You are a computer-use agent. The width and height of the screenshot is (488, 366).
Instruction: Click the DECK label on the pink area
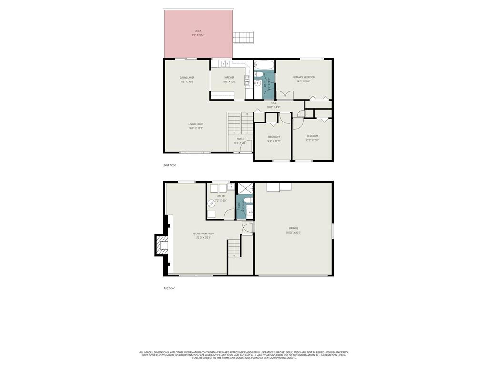pos(198,31)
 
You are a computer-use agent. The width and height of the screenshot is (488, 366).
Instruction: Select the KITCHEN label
pos(230,77)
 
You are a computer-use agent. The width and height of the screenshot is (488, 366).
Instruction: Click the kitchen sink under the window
pos(221,63)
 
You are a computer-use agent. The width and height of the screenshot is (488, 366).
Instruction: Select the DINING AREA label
pos(187,77)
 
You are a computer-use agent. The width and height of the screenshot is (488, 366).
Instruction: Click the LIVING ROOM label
pos(196,124)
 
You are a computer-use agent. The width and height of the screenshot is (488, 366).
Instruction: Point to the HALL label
pos(274,103)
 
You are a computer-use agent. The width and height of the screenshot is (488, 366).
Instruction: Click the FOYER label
pos(240,139)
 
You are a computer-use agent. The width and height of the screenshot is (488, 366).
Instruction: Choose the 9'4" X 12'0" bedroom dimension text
pos(274,141)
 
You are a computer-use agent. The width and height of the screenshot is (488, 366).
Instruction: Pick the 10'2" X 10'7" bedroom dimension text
pos(312,140)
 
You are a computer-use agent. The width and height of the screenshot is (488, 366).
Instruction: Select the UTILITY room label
pos(221,196)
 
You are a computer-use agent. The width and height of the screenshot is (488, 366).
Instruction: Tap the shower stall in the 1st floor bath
pos(244,188)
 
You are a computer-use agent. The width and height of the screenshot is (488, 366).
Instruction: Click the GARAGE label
pos(294,228)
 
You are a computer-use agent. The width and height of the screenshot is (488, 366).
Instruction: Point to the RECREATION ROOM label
pos(203,234)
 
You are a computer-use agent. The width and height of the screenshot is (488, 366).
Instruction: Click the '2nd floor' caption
pos(170,165)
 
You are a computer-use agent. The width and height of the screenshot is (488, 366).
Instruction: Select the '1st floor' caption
pos(169,288)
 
